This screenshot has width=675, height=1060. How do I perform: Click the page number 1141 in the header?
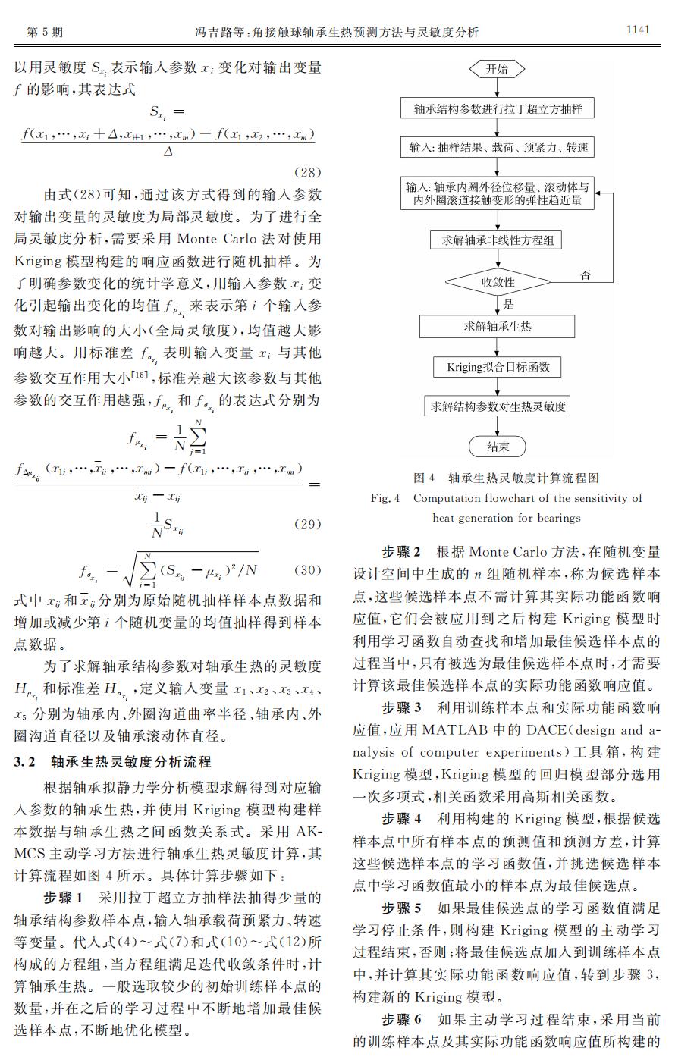click(637, 30)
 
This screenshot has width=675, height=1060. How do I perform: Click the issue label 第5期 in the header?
click(44, 32)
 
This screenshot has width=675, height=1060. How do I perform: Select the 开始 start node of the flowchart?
click(498, 69)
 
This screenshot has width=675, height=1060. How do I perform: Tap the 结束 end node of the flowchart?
click(498, 447)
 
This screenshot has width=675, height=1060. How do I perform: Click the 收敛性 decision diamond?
click(498, 282)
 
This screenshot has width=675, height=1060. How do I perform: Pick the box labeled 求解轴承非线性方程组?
click(498, 240)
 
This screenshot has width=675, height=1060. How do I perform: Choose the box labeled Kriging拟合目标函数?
click(498, 367)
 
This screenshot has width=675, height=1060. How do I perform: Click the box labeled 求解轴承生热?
click(498, 326)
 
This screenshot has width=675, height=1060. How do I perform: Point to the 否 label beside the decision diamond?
click(586, 274)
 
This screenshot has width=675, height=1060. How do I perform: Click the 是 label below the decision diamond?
click(508, 305)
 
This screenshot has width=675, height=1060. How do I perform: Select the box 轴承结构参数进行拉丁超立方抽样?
click(498, 108)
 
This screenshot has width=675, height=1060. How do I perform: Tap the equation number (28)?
click(306, 171)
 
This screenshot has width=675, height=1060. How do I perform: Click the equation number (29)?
click(306, 524)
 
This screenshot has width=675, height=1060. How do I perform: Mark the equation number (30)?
click(306, 569)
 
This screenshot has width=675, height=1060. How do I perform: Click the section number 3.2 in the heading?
click(27, 762)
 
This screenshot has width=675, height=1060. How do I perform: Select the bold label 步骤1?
click(66, 898)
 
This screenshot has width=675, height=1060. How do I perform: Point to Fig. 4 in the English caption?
click(385, 498)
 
